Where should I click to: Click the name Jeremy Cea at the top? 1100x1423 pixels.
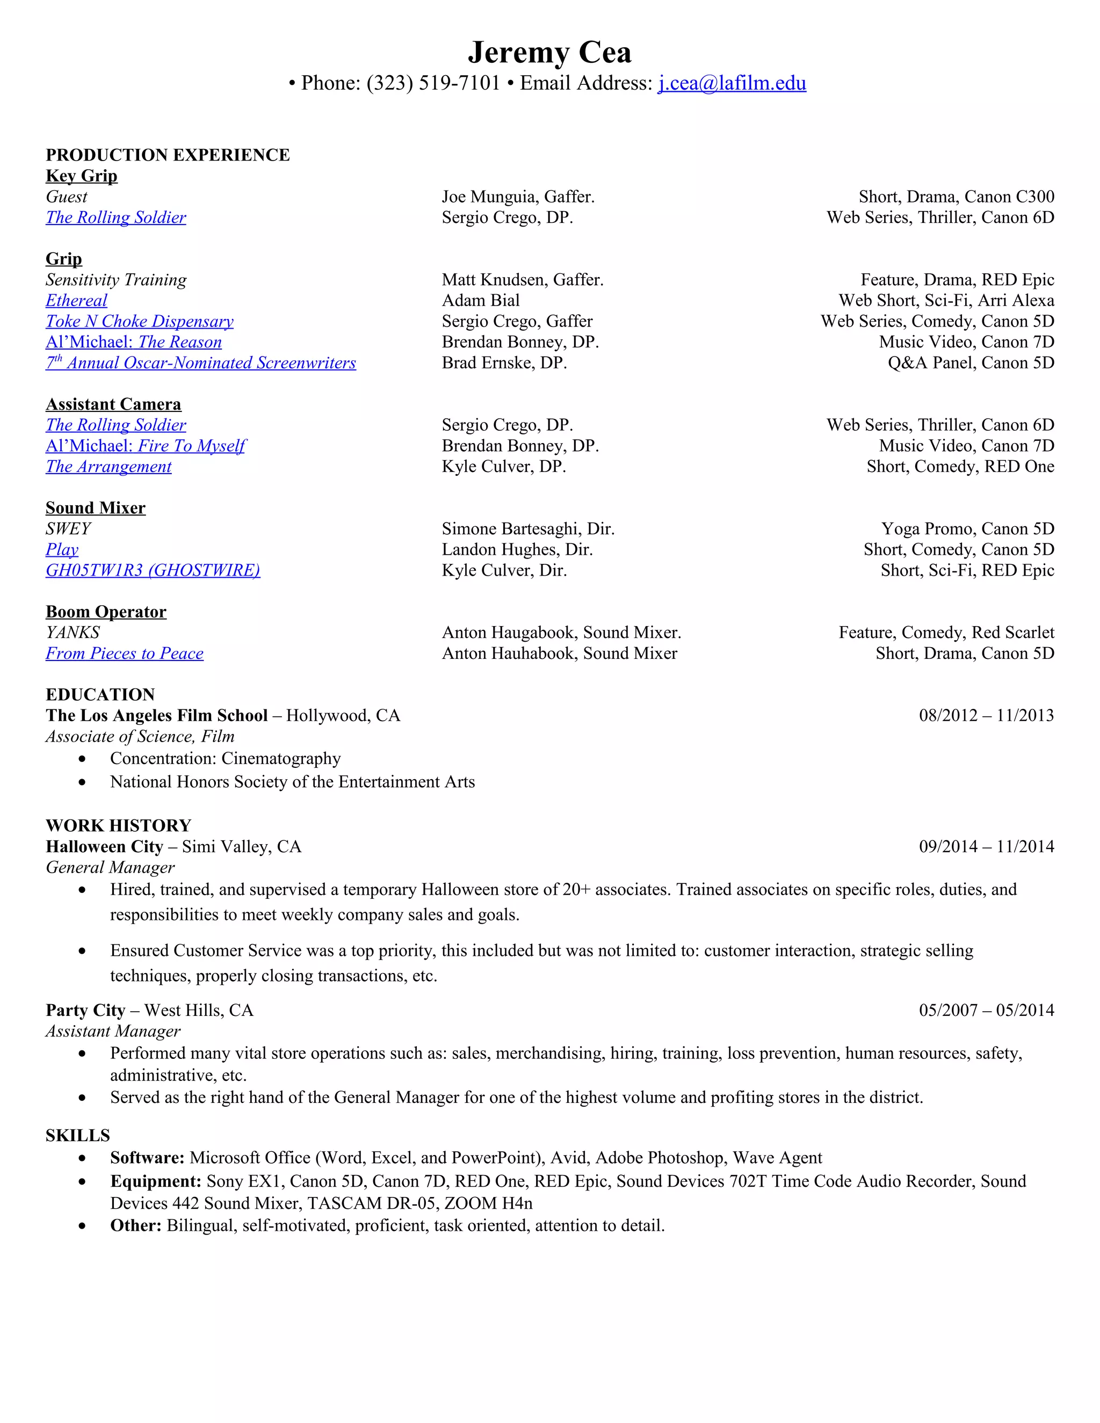pyautogui.click(x=549, y=52)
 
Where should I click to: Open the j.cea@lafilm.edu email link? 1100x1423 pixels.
pyautogui.click(x=732, y=83)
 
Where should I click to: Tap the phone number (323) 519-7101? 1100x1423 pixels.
pyautogui.click(x=433, y=83)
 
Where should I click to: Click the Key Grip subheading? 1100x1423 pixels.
pyautogui.click(x=82, y=176)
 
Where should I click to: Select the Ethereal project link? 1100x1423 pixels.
pyautogui.click(x=76, y=300)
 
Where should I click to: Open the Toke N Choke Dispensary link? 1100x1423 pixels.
pyautogui.click(x=140, y=321)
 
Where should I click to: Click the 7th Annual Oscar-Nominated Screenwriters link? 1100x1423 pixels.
pyautogui.click(x=201, y=363)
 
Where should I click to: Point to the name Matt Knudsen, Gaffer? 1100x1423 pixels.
pyautogui.click(x=523, y=280)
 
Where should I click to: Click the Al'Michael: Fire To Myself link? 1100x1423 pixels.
pyautogui.click(x=146, y=446)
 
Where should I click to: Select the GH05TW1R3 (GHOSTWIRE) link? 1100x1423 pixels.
pyautogui.click(x=153, y=570)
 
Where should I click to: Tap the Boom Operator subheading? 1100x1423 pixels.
pyautogui.click(x=106, y=612)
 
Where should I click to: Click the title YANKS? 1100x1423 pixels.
pyautogui.click(x=73, y=633)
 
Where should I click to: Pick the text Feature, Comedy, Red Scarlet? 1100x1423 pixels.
pyautogui.click(x=946, y=633)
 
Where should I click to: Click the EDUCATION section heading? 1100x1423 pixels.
pyautogui.click(x=100, y=694)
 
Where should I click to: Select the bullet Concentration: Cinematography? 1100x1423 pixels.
pyautogui.click(x=225, y=758)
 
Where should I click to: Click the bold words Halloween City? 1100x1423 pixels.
pyautogui.click(x=104, y=846)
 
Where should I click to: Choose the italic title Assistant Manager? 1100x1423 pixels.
pyautogui.click(x=113, y=1031)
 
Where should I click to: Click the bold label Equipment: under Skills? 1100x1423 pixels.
pyautogui.click(x=156, y=1181)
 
